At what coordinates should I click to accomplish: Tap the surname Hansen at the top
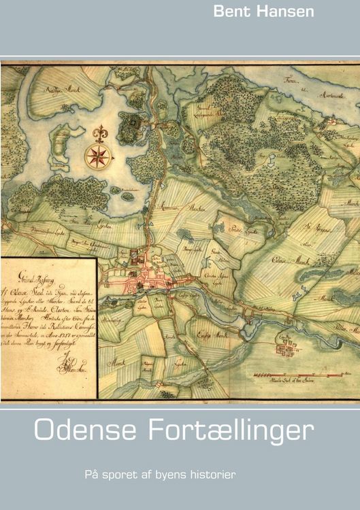(292, 12)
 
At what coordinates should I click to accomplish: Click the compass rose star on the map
(99, 156)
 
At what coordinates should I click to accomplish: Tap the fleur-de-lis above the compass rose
(99, 132)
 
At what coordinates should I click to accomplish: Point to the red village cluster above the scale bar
(286, 350)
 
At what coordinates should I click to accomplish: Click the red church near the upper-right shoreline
(331, 121)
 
